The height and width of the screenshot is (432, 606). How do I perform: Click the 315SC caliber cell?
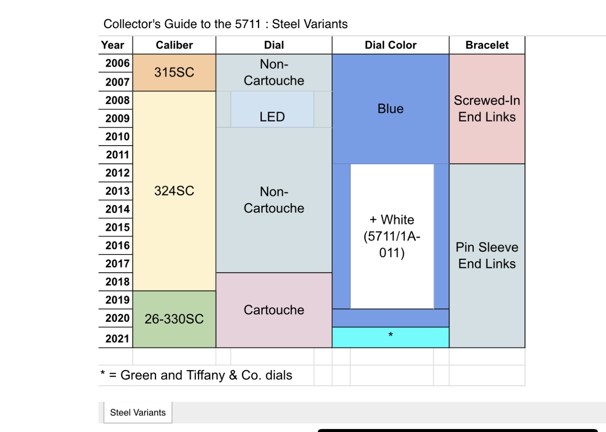coord(174,72)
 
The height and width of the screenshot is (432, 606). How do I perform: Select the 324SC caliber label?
coord(174,191)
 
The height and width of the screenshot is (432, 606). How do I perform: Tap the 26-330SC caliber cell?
coord(174,319)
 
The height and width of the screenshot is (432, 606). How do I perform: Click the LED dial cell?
coord(272,117)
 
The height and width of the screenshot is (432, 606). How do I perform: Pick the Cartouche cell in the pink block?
coord(274,310)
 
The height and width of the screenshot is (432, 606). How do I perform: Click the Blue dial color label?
coord(390,109)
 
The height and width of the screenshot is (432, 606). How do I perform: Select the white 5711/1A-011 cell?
coord(392,236)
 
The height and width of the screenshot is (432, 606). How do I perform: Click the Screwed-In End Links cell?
coord(487,108)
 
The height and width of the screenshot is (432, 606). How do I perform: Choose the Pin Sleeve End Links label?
coord(487,255)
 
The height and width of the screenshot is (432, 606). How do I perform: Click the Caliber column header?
coord(174,45)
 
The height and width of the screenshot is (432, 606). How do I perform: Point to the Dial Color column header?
coord(390,45)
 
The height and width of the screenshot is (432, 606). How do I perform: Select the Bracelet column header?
coord(487,45)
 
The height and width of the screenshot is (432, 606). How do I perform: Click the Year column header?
coord(113,45)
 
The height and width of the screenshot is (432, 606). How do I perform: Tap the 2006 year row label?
coord(117,64)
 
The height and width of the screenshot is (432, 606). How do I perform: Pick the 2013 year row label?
coord(117,191)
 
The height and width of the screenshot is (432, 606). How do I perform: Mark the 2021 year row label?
coord(117,339)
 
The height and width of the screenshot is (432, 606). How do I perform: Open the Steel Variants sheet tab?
coord(138,412)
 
